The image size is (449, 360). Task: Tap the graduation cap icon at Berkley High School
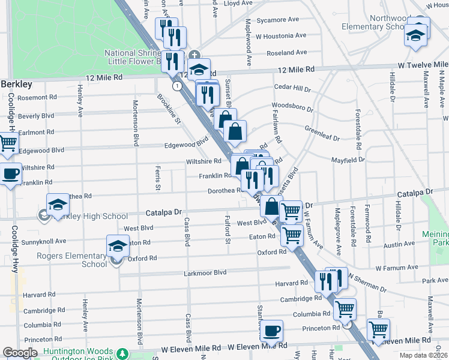(x=58, y=204)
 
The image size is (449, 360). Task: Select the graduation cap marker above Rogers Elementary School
(x=118, y=246)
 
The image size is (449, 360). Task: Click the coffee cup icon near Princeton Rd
(x=271, y=331)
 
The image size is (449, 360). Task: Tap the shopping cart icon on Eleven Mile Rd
(x=378, y=329)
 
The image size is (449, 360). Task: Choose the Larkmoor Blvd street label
(x=205, y=272)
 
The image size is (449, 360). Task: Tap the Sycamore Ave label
(x=277, y=20)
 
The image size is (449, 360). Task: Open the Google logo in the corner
(x=20, y=353)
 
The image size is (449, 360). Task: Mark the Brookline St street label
(x=169, y=108)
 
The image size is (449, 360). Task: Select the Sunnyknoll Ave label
(x=45, y=241)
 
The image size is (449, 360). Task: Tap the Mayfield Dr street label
(x=348, y=160)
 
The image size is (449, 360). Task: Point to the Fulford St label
(x=228, y=230)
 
